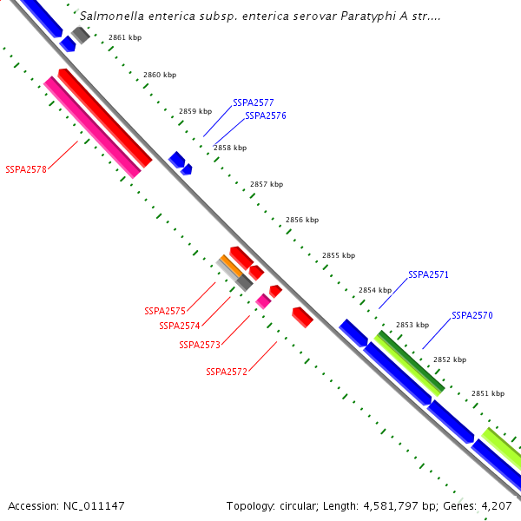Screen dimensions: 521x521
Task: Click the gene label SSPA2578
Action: pyautogui.click(x=26, y=169)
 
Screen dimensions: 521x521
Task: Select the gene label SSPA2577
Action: pyautogui.click(x=254, y=102)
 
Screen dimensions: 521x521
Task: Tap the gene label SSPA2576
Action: pyautogui.click(x=266, y=115)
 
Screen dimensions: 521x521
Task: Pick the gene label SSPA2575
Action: pyautogui.click(x=165, y=311)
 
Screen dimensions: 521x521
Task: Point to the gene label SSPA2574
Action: pyautogui.click(x=180, y=326)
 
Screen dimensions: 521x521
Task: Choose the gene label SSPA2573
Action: pyautogui.click(x=200, y=345)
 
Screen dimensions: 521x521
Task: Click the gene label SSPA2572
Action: pyautogui.click(x=227, y=372)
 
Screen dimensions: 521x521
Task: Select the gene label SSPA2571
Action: pyautogui.click(x=428, y=274)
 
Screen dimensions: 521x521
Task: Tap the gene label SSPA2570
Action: pyautogui.click(x=472, y=315)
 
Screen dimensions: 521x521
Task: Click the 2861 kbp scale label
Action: pyautogui.click(x=125, y=38)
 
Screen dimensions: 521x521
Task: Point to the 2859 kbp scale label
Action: pyautogui.click(x=195, y=111)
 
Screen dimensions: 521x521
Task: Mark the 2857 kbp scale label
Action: pyautogui.click(x=267, y=184)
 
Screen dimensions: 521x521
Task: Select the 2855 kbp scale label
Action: pyautogui.click(x=339, y=255)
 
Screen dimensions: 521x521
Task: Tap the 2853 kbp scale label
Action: pyautogui.click(x=412, y=325)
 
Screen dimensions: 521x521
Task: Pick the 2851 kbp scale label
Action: pyautogui.click(x=488, y=393)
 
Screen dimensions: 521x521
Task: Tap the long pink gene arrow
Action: pyautogui.click(x=92, y=127)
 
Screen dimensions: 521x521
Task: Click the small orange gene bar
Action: pyautogui.click(x=230, y=266)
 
